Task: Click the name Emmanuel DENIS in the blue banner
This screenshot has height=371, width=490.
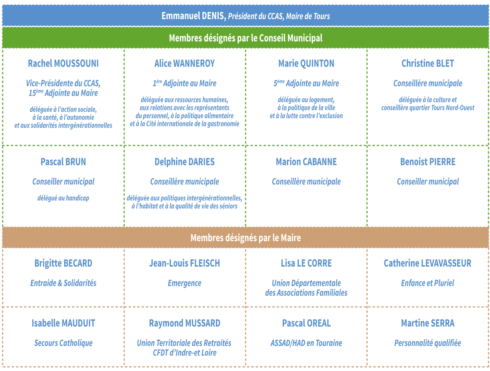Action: (194, 16)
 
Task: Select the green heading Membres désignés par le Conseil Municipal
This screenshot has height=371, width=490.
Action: (246, 38)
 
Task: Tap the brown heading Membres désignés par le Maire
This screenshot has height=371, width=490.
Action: (246, 238)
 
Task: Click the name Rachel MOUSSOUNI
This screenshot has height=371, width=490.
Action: (63, 64)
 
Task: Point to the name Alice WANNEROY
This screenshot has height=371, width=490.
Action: (185, 64)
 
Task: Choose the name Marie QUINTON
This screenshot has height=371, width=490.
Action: (306, 64)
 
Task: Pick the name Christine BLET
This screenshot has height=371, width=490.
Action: (428, 64)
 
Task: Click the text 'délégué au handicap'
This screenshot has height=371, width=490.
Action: (63, 198)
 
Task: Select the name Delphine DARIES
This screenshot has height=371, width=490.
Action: (185, 162)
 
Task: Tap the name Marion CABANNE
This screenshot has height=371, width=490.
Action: (306, 162)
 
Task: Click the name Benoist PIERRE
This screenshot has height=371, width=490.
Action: (428, 162)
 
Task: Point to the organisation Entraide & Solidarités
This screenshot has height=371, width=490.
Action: (63, 283)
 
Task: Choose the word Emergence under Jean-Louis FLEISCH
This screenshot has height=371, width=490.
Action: (185, 283)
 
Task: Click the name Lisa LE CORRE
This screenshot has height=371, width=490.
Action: (306, 263)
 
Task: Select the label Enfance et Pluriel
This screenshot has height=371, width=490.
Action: (428, 283)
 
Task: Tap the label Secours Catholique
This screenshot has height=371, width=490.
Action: (63, 343)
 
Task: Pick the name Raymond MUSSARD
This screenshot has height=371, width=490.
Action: (185, 323)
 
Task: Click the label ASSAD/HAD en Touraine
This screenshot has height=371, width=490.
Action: (306, 343)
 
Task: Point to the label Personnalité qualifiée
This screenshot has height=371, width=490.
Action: (428, 343)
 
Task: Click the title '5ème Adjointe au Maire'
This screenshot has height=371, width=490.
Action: (306, 83)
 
